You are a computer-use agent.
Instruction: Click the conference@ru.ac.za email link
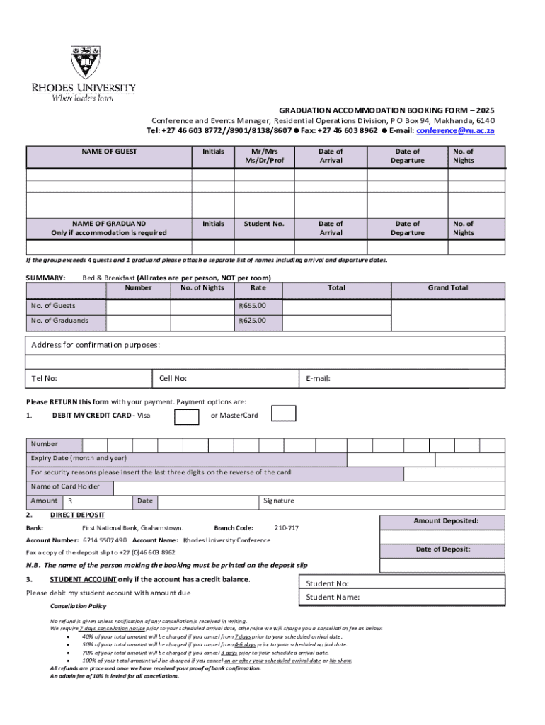tap(455, 131)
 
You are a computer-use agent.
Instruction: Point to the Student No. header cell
tap(264, 224)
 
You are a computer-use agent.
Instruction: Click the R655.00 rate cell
tap(253, 306)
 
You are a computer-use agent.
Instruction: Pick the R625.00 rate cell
tap(253, 321)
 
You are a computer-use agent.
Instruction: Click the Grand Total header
tap(447, 288)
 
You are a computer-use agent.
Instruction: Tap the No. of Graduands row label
tap(59, 321)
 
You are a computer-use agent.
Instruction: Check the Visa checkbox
tap(186, 416)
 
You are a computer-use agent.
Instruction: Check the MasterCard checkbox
tap(284, 413)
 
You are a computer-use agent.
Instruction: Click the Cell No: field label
tap(173, 379)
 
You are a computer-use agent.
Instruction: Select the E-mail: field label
tap(318, 379)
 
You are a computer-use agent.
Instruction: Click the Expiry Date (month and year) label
tap(79, 458)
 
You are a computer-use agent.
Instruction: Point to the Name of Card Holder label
tap(66, 486)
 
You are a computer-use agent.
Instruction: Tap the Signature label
tap(278, 501)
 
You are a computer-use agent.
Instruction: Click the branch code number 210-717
tap(286, 528)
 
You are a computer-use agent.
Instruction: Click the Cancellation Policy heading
tap(78, 607)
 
